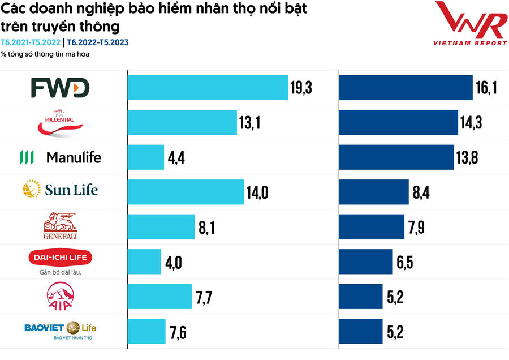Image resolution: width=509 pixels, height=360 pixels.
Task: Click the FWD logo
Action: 60,88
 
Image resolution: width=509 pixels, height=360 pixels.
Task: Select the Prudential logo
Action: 61,123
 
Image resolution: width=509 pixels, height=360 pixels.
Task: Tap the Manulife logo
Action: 61,157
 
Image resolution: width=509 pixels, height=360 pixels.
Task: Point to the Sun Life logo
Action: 61,189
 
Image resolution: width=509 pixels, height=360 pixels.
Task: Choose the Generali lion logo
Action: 60,226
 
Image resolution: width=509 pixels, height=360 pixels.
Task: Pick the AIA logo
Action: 60,296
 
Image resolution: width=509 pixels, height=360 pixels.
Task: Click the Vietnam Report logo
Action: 469,24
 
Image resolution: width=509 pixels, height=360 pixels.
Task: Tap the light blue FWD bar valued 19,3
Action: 208,87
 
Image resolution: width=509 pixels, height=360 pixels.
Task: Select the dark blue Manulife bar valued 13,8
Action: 396,157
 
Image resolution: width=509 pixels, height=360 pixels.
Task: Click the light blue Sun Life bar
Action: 186,192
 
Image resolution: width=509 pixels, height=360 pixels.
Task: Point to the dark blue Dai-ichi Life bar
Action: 365,262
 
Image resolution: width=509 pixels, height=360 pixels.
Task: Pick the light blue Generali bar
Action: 161,227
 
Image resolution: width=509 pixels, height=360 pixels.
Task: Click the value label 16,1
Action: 486,88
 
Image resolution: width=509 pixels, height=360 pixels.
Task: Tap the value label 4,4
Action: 176,158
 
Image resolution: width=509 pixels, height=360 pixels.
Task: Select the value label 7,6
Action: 178,332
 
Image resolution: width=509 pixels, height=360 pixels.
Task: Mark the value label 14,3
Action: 471,123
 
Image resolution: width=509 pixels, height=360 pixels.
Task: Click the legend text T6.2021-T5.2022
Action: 31,42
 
